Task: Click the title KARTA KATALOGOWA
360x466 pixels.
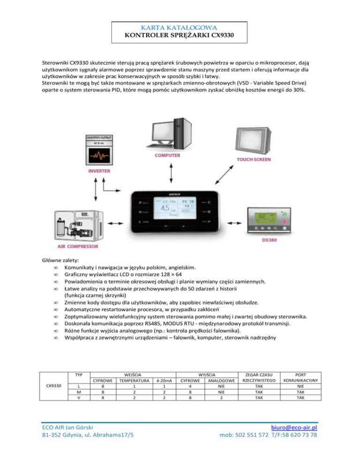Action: [x=180, y=28]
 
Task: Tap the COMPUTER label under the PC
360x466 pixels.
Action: [x=168, y=155]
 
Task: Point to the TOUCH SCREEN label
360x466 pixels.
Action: [x=252, y=159]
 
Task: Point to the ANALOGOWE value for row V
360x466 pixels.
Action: [x=221, y=398]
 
